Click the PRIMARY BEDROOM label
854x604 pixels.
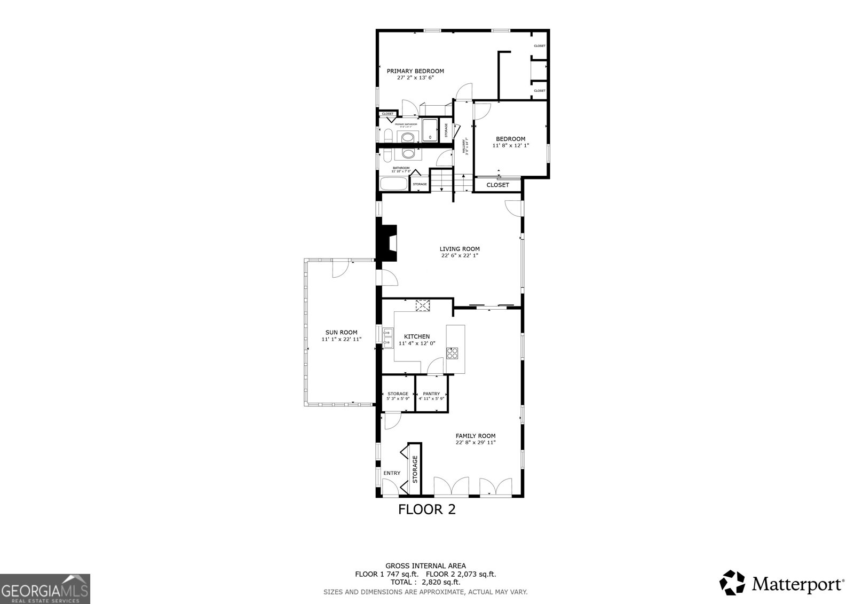pos(415,71)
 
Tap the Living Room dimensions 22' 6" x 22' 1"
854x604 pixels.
pos(460,255)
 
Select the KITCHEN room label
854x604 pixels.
pos(417,336)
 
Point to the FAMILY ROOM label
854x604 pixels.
pos(476,435)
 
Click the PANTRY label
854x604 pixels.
pos(431,394)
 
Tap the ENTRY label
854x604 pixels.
pos(392,473)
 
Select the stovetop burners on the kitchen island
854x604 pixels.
pos(452,353)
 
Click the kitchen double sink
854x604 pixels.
pos(388,338)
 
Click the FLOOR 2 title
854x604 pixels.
pos(427,509)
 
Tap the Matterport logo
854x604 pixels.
pos(782,583)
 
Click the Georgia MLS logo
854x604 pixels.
pos(45,589)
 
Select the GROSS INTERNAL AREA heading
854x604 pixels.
pos(425,566)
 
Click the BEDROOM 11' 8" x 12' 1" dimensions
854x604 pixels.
pos(511,145)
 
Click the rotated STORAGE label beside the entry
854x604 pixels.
pos(415,469)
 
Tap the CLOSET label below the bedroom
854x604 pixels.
pos(498,185)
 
